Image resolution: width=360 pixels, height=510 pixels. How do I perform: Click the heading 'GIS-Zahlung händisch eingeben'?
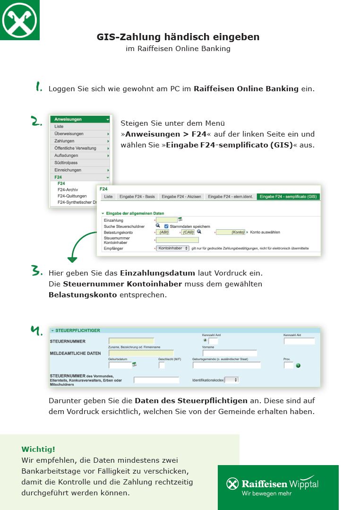(178, 37)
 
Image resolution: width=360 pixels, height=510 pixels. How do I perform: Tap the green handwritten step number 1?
(39, 87)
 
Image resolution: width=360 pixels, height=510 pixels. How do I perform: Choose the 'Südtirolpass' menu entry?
(66, 163)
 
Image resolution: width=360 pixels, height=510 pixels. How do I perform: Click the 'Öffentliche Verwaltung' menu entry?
(75, 148)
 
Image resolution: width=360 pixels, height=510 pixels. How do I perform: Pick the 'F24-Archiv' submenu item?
(68, 190)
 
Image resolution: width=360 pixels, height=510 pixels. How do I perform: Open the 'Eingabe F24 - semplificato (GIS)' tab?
(288, 197)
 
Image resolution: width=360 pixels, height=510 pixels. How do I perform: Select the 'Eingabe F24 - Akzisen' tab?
(181, 197)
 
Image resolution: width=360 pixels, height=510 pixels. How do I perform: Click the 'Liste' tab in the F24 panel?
(108, 197)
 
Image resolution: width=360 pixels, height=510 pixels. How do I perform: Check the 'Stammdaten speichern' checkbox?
(166, 226)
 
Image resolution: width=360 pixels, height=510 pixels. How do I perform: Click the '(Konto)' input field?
(231, 232)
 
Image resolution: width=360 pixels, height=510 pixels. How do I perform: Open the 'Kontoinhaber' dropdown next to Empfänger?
(172, 248)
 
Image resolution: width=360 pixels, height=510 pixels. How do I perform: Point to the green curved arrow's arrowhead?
(72, 259)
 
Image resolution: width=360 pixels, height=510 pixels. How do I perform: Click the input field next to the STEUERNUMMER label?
(131, 341)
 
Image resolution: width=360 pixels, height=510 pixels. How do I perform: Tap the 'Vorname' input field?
(230, 353)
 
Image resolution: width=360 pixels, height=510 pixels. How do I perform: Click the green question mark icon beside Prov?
(298, 365)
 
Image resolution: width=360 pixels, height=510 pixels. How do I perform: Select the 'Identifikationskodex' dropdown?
(231, 380)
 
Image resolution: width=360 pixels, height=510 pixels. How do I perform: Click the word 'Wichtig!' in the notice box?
(38, 449)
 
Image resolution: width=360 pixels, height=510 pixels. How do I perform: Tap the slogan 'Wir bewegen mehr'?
(266, 493)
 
